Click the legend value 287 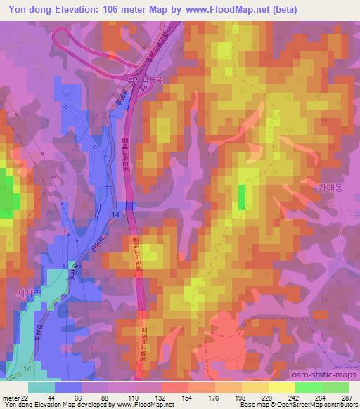tap(346, 398)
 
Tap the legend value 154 tap(187, 398)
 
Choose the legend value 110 tap(133, 398)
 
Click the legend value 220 tap(268, 398)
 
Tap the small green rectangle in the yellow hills tap(242, 197)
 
